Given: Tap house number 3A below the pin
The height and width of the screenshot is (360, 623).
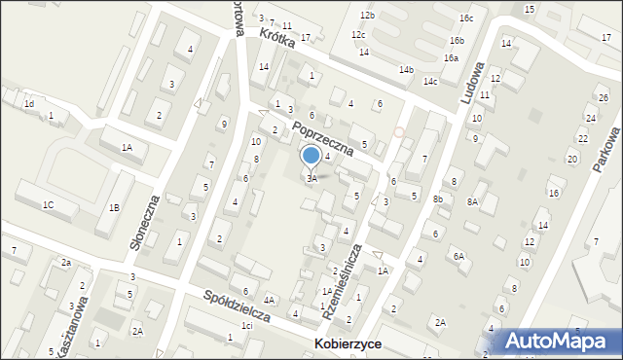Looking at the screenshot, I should [x=311, y=179].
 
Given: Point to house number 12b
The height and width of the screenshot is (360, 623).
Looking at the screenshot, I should [x=366, y=16].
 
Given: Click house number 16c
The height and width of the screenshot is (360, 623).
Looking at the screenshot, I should [x=467, y=18].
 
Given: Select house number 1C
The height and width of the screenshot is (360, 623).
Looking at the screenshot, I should [x=48, y=204].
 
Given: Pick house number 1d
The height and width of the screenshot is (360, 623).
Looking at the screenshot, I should [x=29, y=103].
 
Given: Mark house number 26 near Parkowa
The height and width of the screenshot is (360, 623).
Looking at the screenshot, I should [x=603, y=100].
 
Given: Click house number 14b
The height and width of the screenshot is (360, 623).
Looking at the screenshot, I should [x=406, y=69].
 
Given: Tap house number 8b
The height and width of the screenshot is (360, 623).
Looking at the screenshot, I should [x=438, y=199].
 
